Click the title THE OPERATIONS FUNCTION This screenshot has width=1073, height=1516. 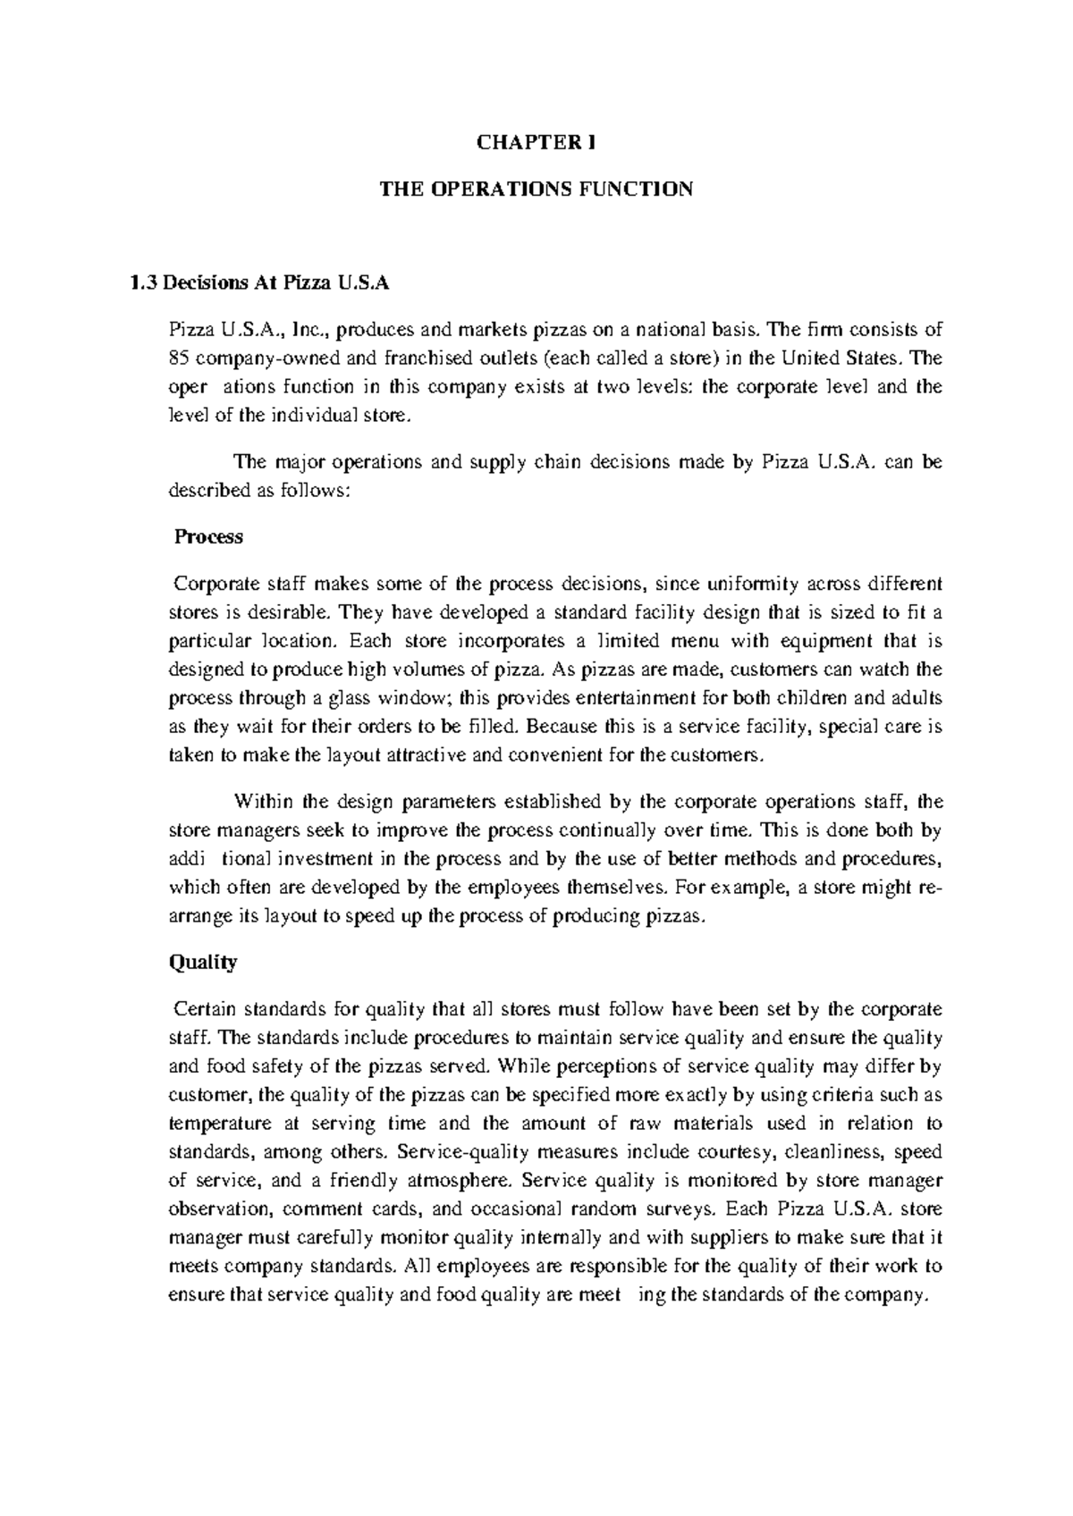coord(536,189)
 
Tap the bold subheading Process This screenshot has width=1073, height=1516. coord(208,537)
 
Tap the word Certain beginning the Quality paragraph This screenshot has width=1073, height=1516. coord(205,1009)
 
